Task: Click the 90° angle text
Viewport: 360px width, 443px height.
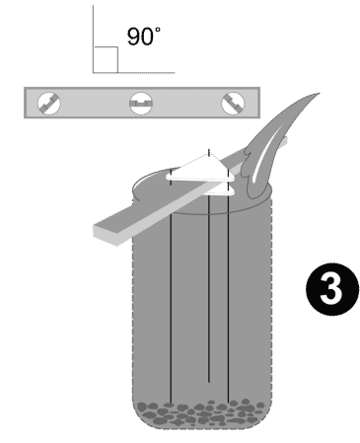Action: (x=142, y=37)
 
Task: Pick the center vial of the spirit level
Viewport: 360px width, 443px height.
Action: (x=140, y=101)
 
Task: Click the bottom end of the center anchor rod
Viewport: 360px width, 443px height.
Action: (x=209, y=382)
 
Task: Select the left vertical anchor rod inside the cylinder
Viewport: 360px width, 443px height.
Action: (x=174, y=296)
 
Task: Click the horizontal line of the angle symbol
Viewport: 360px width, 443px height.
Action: (x=133, y=71)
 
